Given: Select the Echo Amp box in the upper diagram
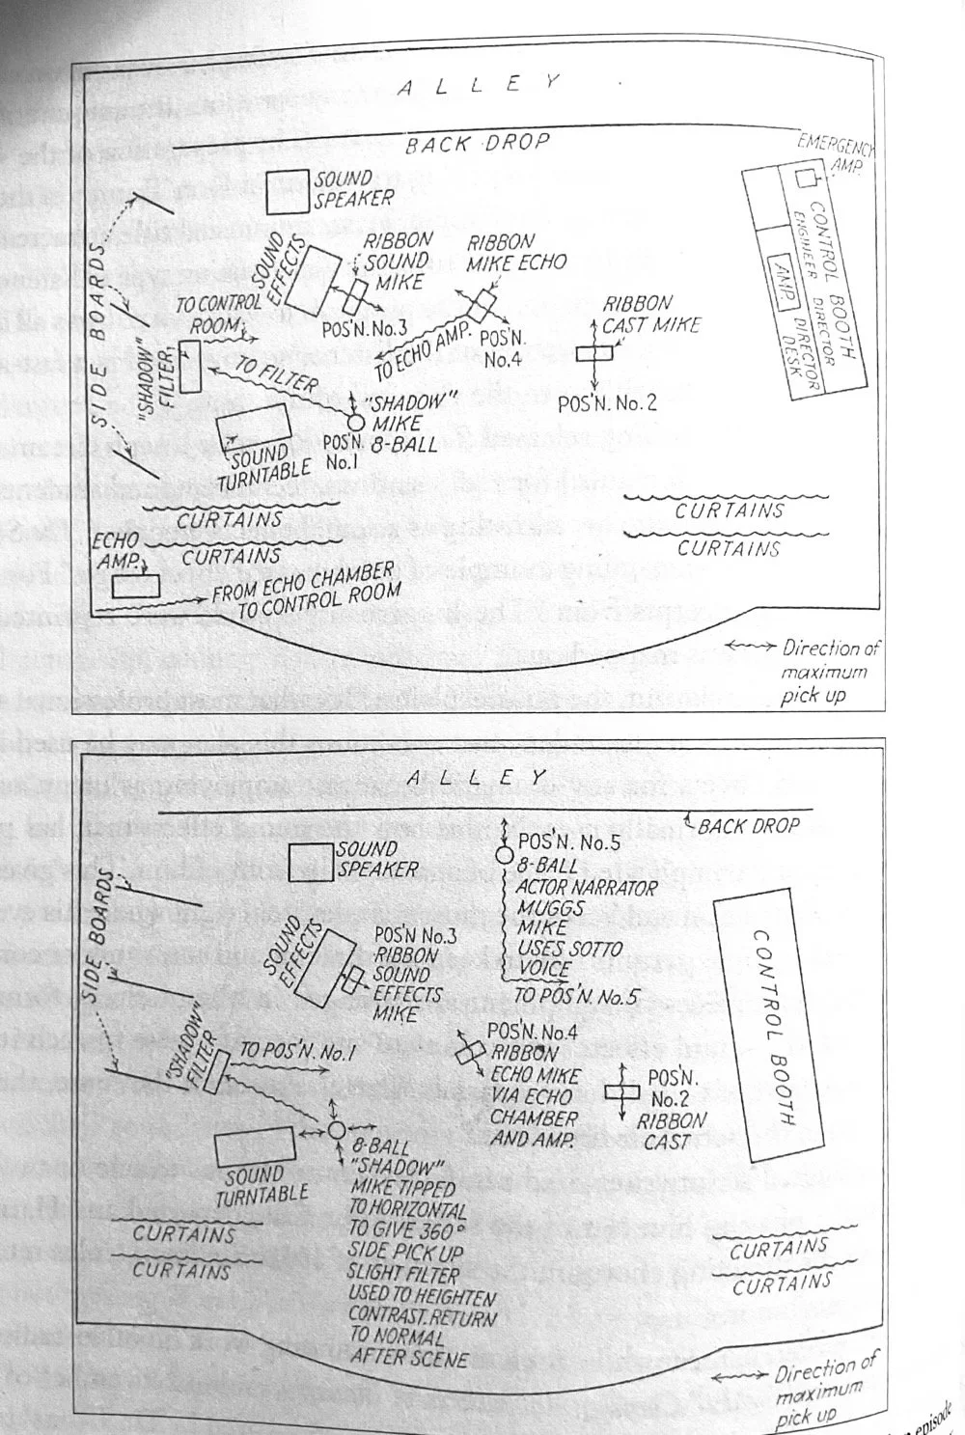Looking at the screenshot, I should coord(135,585).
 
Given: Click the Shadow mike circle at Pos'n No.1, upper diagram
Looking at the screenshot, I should coord(355,421).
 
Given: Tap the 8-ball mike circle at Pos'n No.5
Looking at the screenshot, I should coord(503,855).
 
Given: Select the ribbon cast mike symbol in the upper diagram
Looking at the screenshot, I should coord(593,354).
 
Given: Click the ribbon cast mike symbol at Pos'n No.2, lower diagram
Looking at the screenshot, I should coord(621,1092).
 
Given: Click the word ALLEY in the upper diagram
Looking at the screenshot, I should coord(478,85).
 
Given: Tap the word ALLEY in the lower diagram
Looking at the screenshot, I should coord(478,776).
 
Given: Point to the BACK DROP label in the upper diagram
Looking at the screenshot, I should coord(477,145).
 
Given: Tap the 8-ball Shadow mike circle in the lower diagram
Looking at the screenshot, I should coord(336,1130).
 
